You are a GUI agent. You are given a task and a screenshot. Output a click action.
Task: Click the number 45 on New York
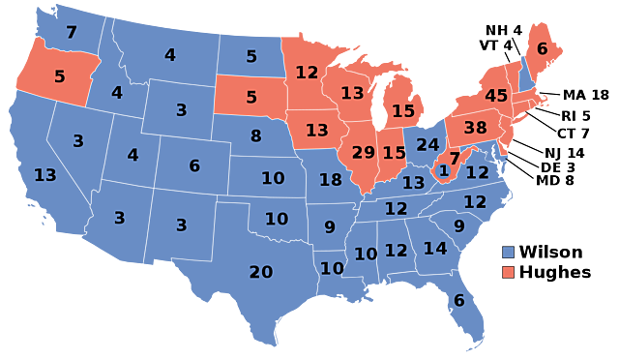point(496,96)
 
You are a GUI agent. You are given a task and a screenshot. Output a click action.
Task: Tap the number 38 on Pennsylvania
point(475,128)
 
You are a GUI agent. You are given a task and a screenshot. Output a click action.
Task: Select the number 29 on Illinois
point(364,152)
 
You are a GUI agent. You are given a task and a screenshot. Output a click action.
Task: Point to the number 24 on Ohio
point(427,145)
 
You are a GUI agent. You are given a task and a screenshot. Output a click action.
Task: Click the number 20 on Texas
point(261,272)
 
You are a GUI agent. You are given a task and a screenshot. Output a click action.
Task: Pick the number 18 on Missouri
point(331,179)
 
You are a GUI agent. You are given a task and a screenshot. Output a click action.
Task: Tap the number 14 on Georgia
point(435,249)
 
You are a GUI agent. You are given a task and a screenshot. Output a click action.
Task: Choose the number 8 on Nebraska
point(256,136)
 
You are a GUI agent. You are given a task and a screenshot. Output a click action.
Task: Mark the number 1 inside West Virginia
point(444,171)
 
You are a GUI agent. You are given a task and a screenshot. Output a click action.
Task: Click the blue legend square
point(508,253)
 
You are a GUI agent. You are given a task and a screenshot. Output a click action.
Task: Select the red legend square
point(508,272)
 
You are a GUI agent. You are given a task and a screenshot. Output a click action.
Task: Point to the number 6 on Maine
point(542,48)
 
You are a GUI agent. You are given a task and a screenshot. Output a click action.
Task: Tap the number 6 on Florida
point(459,301)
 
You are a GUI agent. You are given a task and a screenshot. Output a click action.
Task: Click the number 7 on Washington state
point(72,32)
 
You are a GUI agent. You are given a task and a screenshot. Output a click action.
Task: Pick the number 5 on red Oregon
point(60,76)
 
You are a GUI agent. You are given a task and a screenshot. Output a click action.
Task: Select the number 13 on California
point(44,175)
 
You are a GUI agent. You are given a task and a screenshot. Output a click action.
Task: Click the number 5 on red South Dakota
point(251,97)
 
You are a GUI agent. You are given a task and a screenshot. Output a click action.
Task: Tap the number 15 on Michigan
point(403,111)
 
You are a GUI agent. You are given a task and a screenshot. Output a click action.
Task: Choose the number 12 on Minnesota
point(307,73)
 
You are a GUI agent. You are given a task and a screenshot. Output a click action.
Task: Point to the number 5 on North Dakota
point(251,56)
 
